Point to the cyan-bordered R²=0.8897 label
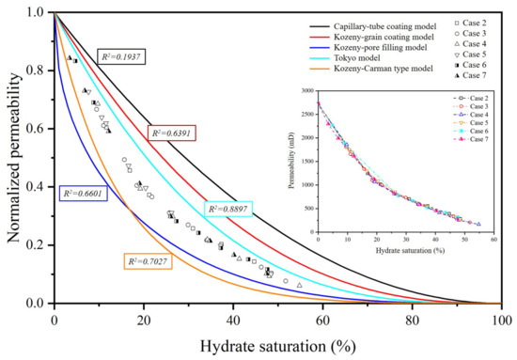point(231,208)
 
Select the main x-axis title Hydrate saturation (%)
point(278,344)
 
